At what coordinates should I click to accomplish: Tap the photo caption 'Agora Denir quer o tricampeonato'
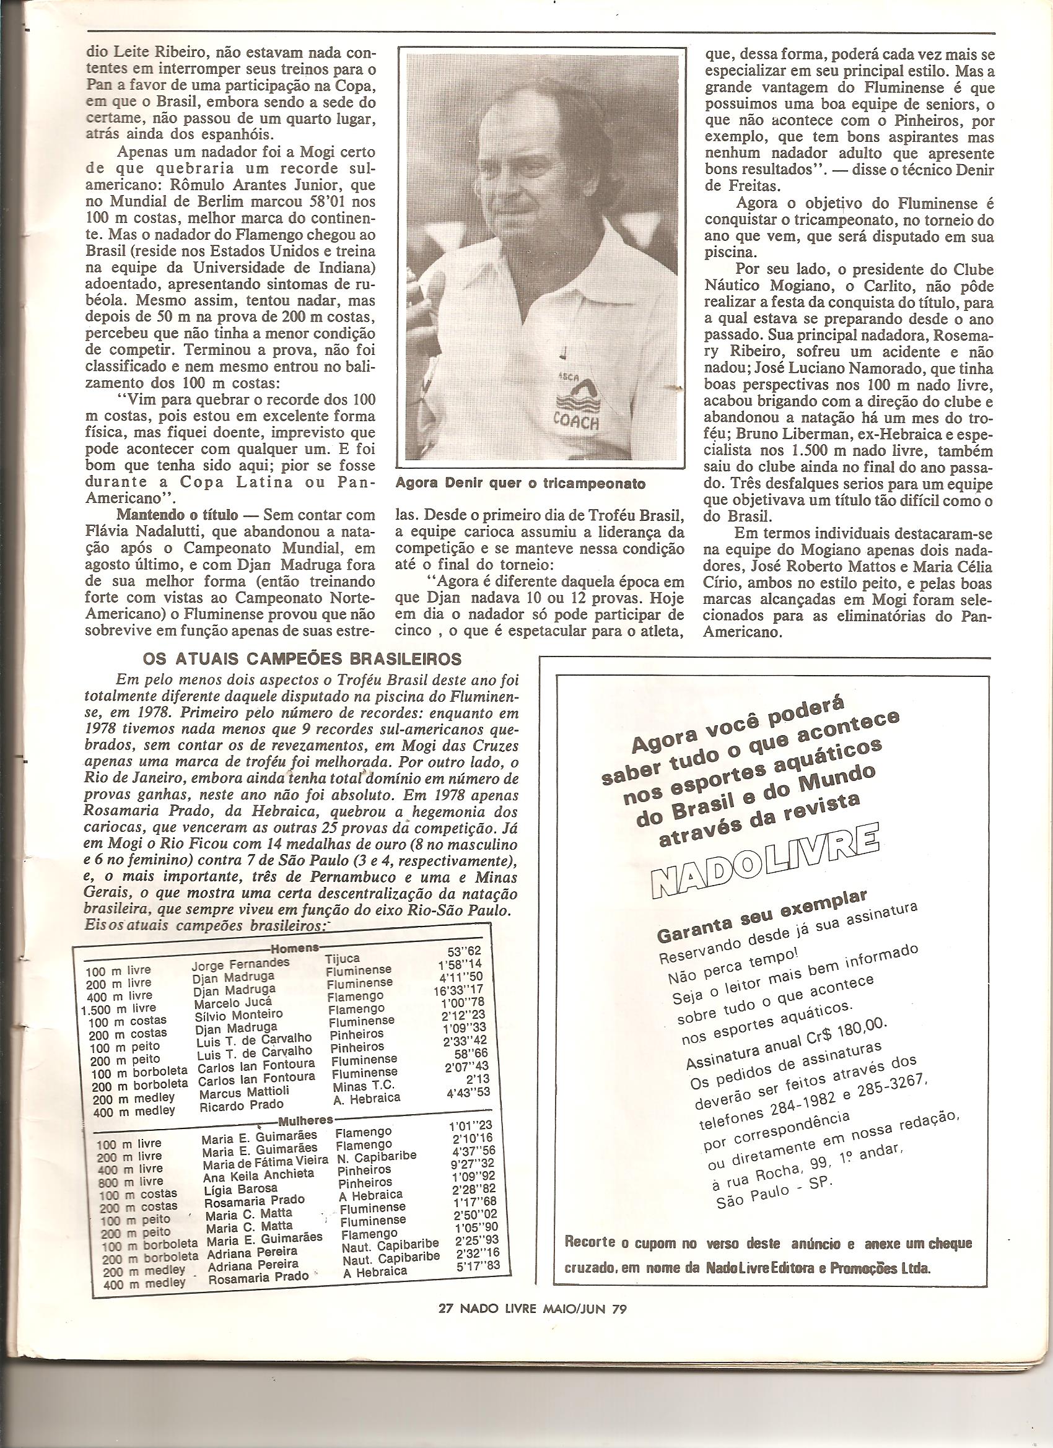pos(520,483)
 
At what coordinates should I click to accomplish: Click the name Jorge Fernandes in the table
pos(240,963)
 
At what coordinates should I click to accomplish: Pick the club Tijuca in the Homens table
pos(343,959)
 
